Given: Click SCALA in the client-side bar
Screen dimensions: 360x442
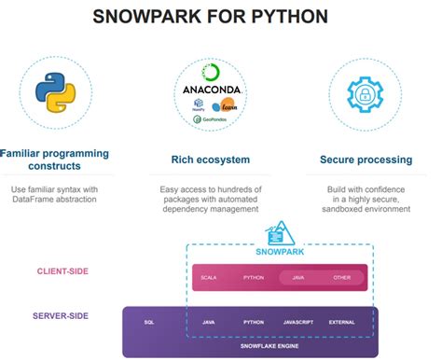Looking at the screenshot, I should coord(209,277).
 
